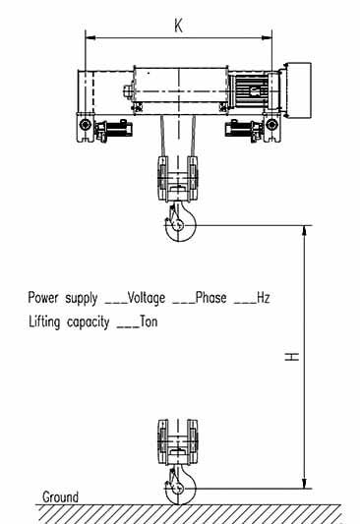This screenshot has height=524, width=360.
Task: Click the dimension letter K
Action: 178,26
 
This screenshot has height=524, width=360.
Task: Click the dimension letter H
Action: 291,357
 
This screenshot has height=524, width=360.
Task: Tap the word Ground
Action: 60,497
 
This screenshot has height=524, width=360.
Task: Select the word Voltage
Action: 148,297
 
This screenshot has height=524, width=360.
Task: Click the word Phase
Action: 211,297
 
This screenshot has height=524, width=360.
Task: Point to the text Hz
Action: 263,297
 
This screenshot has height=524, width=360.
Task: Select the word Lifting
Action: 47,321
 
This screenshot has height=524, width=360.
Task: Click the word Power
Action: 45,297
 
